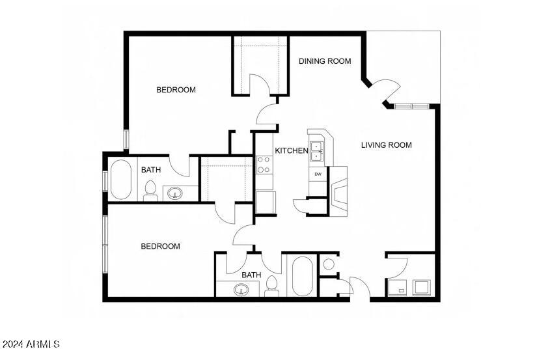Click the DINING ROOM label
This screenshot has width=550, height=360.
click(x=325, y=61)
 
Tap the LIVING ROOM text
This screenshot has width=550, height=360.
click(x=386, y=145)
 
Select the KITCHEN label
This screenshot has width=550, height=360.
click(x=291, y=151)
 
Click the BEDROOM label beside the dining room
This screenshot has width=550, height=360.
click(x=176, y=90)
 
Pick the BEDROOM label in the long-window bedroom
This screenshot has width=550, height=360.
click(x=161, y=246)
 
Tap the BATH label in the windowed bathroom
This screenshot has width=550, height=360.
click(x=151, y=170)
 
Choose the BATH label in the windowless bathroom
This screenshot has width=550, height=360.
click(x=251, y=275)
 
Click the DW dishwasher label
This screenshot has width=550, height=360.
click(x=318, y=174)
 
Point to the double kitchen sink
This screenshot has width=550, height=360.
click(x=317, y=151)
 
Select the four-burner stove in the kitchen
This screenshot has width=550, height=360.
click(x=264, y=165)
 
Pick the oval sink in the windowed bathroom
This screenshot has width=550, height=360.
click(x=174, y=193)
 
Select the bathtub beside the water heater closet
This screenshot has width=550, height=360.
click(x=302, y=277)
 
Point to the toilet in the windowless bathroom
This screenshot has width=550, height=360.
click(x=272, y=285)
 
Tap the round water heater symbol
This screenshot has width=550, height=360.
click(x=329, y=264)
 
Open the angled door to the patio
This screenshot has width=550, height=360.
click(x=386, y=90)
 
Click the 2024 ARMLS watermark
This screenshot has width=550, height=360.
click(x=31, y=344)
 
